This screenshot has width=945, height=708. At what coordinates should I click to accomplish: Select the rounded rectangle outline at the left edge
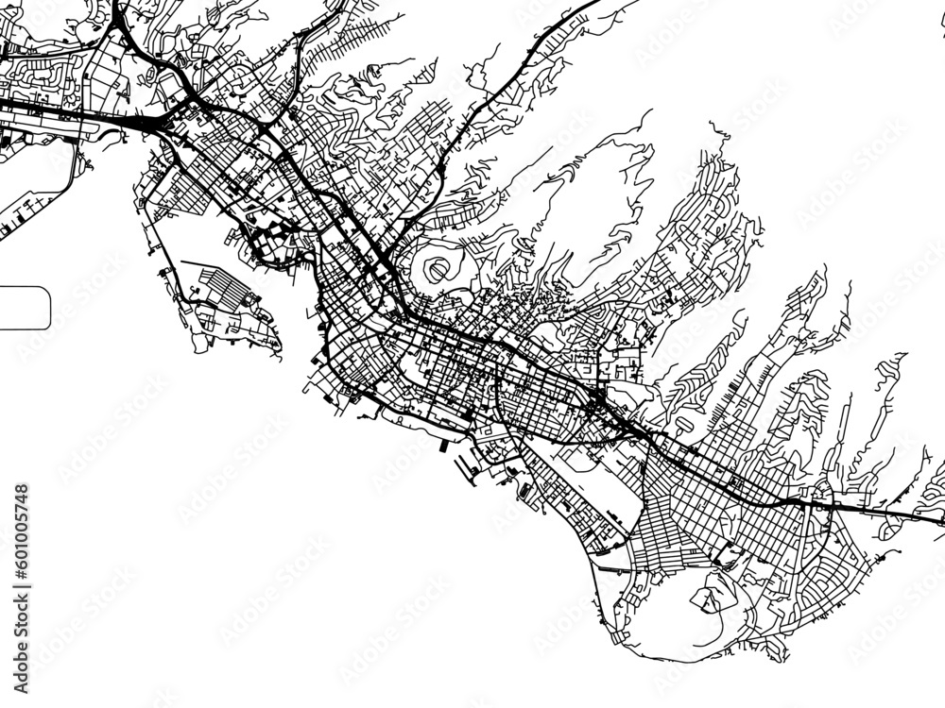pyautogui.click(x=25, y=308)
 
